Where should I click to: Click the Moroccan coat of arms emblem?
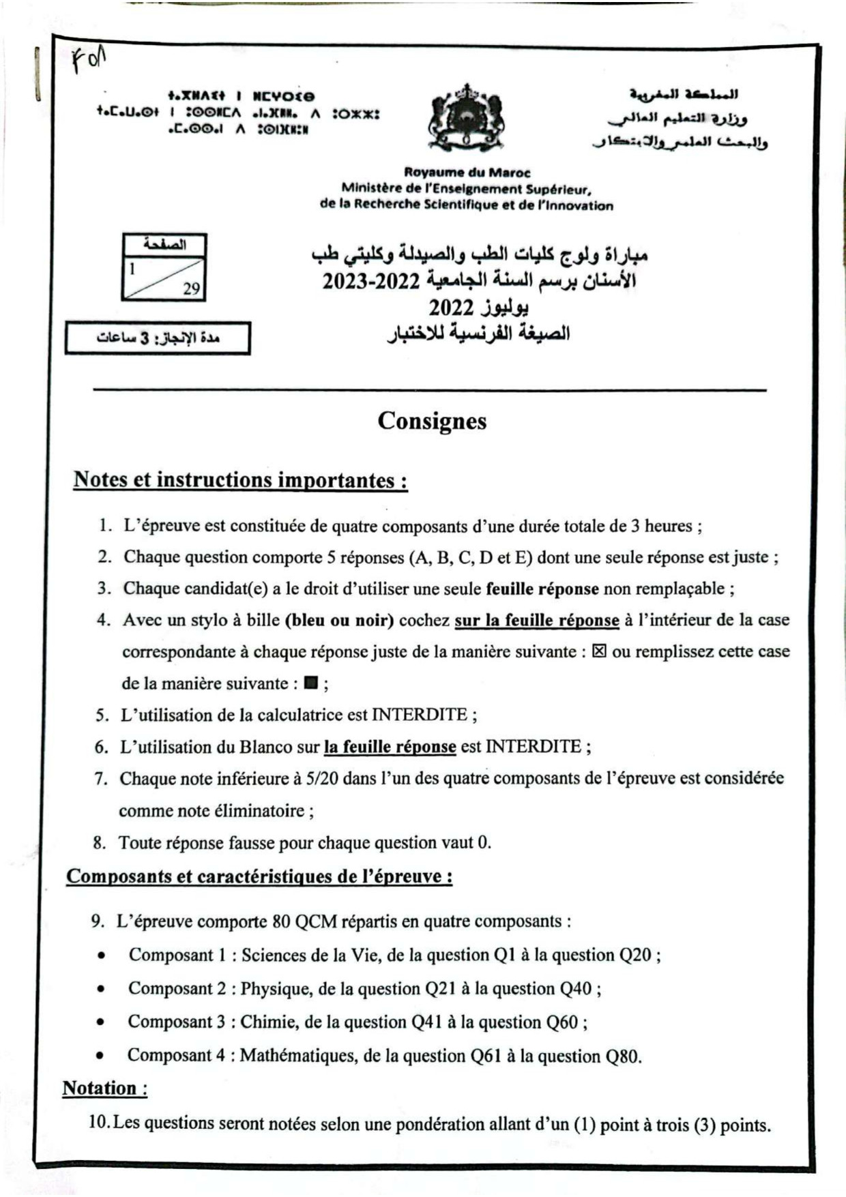click(467, 118)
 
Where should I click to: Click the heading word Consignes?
click(432, 421)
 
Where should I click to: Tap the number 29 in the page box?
click(191, 289)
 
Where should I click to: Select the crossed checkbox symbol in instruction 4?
click(599, 651)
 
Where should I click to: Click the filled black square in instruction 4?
click(311, 683)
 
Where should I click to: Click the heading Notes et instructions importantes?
click(240, 480)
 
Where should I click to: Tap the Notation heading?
click(104, 1088)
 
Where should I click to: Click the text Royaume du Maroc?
click(467, 173)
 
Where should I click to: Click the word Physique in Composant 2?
click(272, 988)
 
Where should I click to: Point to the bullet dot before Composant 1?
click(101, 956)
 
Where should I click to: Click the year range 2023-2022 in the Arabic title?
click(370, 280)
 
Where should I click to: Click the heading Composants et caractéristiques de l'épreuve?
click(259, 876)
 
